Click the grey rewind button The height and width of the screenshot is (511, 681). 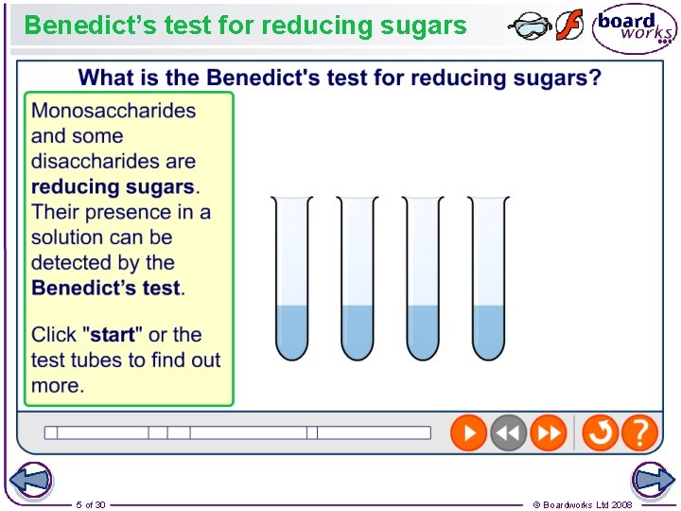[508, 433]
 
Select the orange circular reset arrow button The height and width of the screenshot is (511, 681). [600, 433]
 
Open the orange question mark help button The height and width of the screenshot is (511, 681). [640, 433]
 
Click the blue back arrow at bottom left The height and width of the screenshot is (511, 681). [31, 481]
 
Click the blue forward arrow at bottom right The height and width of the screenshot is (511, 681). [653, 481]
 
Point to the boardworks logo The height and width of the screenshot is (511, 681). [635, 27]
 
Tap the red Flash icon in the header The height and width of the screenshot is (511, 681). [569, 26]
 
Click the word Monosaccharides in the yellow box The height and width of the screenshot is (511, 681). [113, 110]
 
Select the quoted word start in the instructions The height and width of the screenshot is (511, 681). [113, 334]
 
